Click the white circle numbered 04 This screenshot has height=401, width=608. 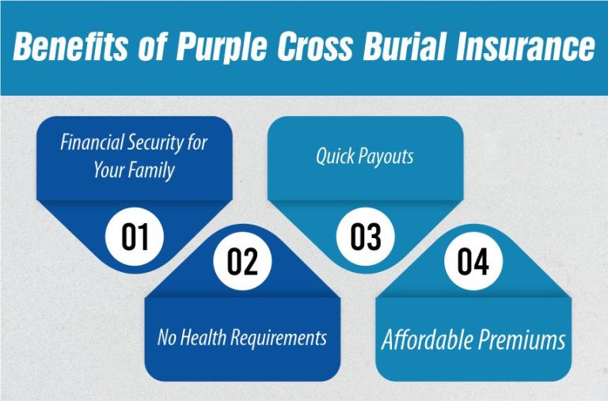(473, 263)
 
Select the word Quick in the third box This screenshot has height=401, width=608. (337, 156)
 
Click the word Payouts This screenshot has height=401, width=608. (388, 157)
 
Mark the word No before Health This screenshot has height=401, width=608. (167, 338)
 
